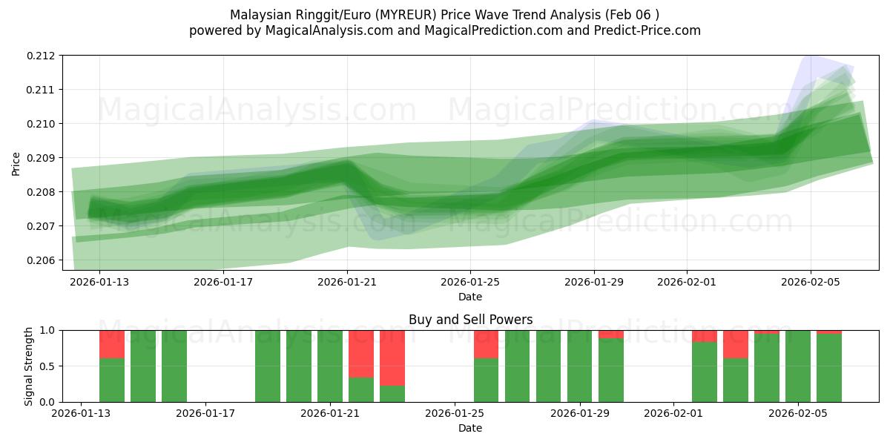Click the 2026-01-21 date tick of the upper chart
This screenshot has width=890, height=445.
pos(347,282)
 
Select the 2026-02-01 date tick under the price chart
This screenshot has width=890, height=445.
pos(686,282)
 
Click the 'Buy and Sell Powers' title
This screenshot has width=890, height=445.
pos(470,320)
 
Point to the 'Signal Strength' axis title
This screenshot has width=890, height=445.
pos(30,366)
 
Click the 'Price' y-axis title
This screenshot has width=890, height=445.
pos(16,164)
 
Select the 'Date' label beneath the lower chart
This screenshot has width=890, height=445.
pos(470,428)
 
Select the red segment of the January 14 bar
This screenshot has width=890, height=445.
pos(112,344)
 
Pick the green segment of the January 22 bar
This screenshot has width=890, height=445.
pos(361,389)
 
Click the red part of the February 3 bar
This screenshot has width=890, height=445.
pos(736,344)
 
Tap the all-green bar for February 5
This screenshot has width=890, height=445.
pos(798,366)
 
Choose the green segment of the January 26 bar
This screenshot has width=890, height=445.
pos(486,380)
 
